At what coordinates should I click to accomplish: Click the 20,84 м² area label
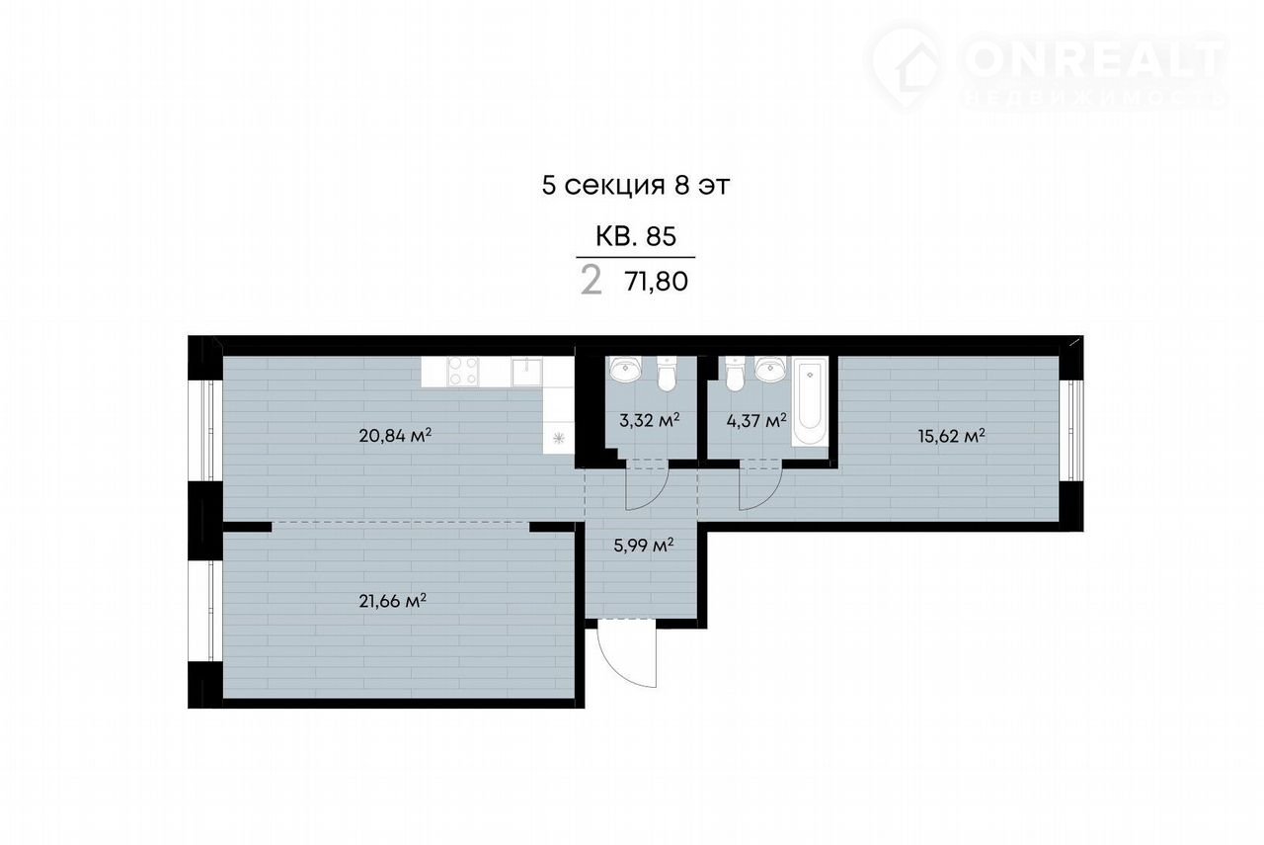tap(395, 436)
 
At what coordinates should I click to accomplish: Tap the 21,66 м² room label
tap(392, 601)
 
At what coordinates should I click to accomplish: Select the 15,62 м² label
tap(951, 436)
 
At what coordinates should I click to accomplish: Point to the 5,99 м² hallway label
tap(643, 546)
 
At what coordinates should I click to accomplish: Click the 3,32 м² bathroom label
tap(649, 420)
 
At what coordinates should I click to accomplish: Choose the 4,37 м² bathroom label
tap(756, 420)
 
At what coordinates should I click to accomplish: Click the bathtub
tap(811, 401)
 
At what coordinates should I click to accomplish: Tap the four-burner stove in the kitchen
tap(463, 371)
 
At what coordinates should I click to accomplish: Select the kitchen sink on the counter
tap(527, 371)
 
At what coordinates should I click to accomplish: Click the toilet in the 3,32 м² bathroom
tap(667, 374)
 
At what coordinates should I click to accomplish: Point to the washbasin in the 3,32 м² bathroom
tap(625, 369)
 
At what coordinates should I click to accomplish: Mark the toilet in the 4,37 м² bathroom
tap(736, 374)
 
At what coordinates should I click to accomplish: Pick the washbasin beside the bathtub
tap(771, 369)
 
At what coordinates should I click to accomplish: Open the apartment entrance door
tap(627, 655)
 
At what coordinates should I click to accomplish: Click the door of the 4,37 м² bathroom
tap(760, 486)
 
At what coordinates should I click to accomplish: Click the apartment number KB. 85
tap(635, 236)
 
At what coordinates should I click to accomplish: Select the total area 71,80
tap(657, 282)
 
